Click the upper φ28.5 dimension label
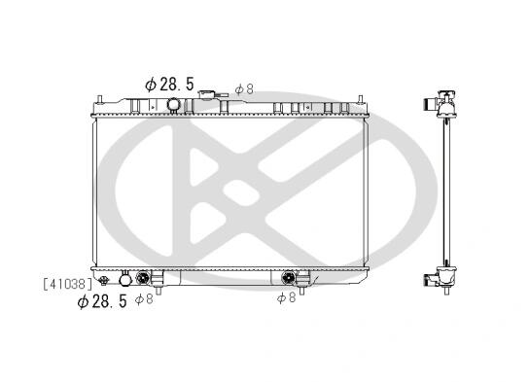pyautogui.click(x=170, y=84)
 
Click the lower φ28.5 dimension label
pyautogui.click(x=102, y=301)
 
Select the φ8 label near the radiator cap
pyautogui.click(x=244, y=89)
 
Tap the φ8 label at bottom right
pyautogui.click(x=286, y=297)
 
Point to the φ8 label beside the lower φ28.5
pyautogui.click(x=144, y=299)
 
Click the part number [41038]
pyautogui.click(x=67, y=284)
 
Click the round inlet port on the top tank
pyautogui.click(x=173, y=104)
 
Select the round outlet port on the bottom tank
pyautogui.click(x=125, y=278)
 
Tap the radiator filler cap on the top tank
pyautogui.click(x=207, y=94)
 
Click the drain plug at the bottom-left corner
pyautogui.click(x=104, y=280)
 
